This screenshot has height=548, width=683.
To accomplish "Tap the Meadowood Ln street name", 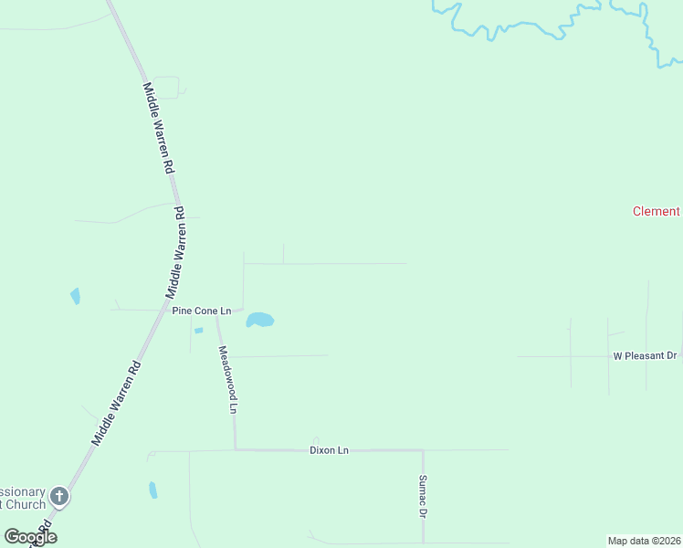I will click(x=226, y=380).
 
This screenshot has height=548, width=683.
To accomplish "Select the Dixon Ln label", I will click(x=329, y=450).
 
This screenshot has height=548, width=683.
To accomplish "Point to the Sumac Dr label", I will click(x=423, y=496).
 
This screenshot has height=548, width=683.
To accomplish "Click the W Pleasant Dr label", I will click(x=645, y=355).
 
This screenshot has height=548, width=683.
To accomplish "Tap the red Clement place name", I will click(x=656, y=211).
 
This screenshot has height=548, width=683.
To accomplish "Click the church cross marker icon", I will click(x=59, y=498).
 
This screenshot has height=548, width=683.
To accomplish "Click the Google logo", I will click(x=30, y=536).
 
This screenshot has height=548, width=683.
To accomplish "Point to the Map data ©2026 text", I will click(x=644, y=541).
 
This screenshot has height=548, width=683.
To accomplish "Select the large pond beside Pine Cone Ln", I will click(x=259, y=320).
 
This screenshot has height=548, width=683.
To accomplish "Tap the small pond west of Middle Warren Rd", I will click(x=75, y=296).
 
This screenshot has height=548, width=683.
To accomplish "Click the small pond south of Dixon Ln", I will click(x=152, y=490).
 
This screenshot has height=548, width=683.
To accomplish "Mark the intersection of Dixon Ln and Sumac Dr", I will click(x=422, y=450).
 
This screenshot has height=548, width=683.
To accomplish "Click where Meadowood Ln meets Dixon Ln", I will click(x=236, y=449).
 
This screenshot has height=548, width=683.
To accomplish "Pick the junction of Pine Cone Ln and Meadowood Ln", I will click(x=216, y=311).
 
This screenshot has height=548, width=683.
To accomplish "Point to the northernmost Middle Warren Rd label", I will click(x=158, y=128).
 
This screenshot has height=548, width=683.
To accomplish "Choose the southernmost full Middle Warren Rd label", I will click(x=117, y=404).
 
